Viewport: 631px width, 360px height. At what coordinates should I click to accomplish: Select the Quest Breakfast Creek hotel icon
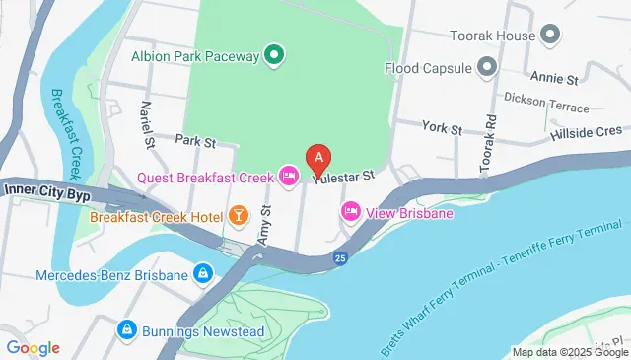(289, 177)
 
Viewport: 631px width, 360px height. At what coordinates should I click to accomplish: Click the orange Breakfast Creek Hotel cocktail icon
(238, 214)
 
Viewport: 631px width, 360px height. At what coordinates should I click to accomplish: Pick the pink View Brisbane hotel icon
(350, 212)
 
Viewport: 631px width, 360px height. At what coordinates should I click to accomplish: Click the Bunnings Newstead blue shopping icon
(126, 329)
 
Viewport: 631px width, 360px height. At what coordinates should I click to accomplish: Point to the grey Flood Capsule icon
(486, 67)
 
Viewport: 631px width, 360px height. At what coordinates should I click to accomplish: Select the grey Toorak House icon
(549, 36)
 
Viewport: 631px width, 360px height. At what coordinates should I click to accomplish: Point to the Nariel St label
(149, 124)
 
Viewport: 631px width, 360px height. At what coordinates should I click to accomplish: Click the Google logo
(34, 347)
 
